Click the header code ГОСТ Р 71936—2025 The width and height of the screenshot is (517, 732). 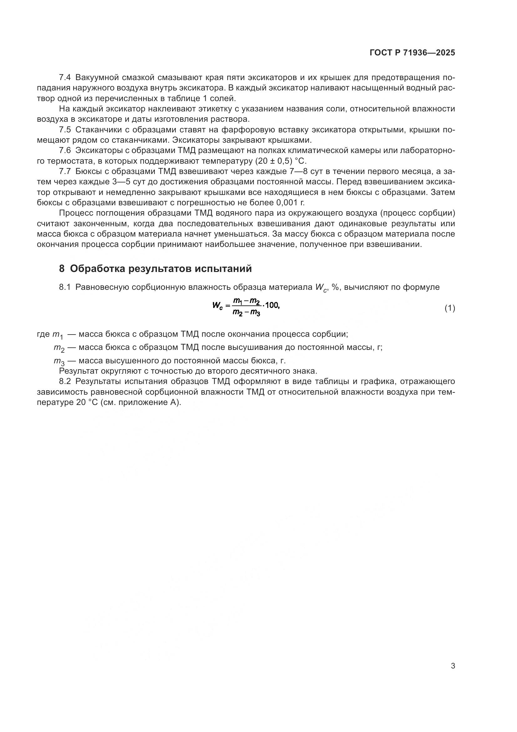[x=412, y=53]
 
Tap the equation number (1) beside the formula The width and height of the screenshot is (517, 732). [x=449, y=308]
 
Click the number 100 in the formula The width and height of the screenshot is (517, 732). [x=272, y=305]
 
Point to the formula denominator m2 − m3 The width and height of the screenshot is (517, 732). [x=246, y=313]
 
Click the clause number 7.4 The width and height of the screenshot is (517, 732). [x=65, y=78]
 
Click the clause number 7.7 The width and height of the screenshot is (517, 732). [x=65, y=171]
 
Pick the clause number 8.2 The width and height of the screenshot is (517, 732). [x=65, y=381]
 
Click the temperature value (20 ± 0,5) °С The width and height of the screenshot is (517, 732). [x=280, y=161]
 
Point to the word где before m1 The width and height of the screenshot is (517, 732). [x=43, y=335]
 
